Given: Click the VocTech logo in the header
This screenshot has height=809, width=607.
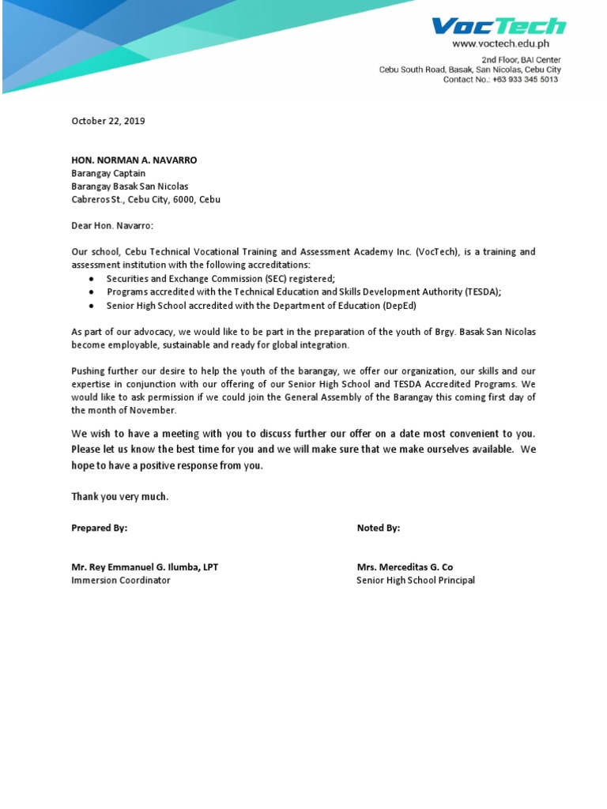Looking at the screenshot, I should coord(499,26).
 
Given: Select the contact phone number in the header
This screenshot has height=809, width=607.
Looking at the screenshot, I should coord(527,80).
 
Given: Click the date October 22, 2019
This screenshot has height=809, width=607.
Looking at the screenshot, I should coord(108,121).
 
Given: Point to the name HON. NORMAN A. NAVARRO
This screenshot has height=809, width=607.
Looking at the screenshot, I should coord(134,160).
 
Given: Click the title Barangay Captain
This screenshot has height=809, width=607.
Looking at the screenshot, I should coord(108,173).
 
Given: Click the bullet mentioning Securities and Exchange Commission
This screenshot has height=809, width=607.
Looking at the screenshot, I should coord(221,279).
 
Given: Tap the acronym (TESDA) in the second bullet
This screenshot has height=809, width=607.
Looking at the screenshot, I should coord(476,292).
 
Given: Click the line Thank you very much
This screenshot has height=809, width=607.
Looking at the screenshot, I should coord(120,497).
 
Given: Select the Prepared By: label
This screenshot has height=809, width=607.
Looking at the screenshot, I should coord(99,528).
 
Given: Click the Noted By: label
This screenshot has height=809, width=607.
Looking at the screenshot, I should coord(379,528).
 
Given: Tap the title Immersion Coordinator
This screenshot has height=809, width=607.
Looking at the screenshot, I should coord(121,580).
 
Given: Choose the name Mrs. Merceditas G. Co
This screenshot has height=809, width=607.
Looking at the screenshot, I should coord(405,567).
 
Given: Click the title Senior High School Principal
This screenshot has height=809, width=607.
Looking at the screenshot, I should coord(416,580).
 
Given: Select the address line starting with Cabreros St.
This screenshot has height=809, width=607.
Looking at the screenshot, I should coord(145,200).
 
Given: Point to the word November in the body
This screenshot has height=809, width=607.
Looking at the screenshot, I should coord(151,410).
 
